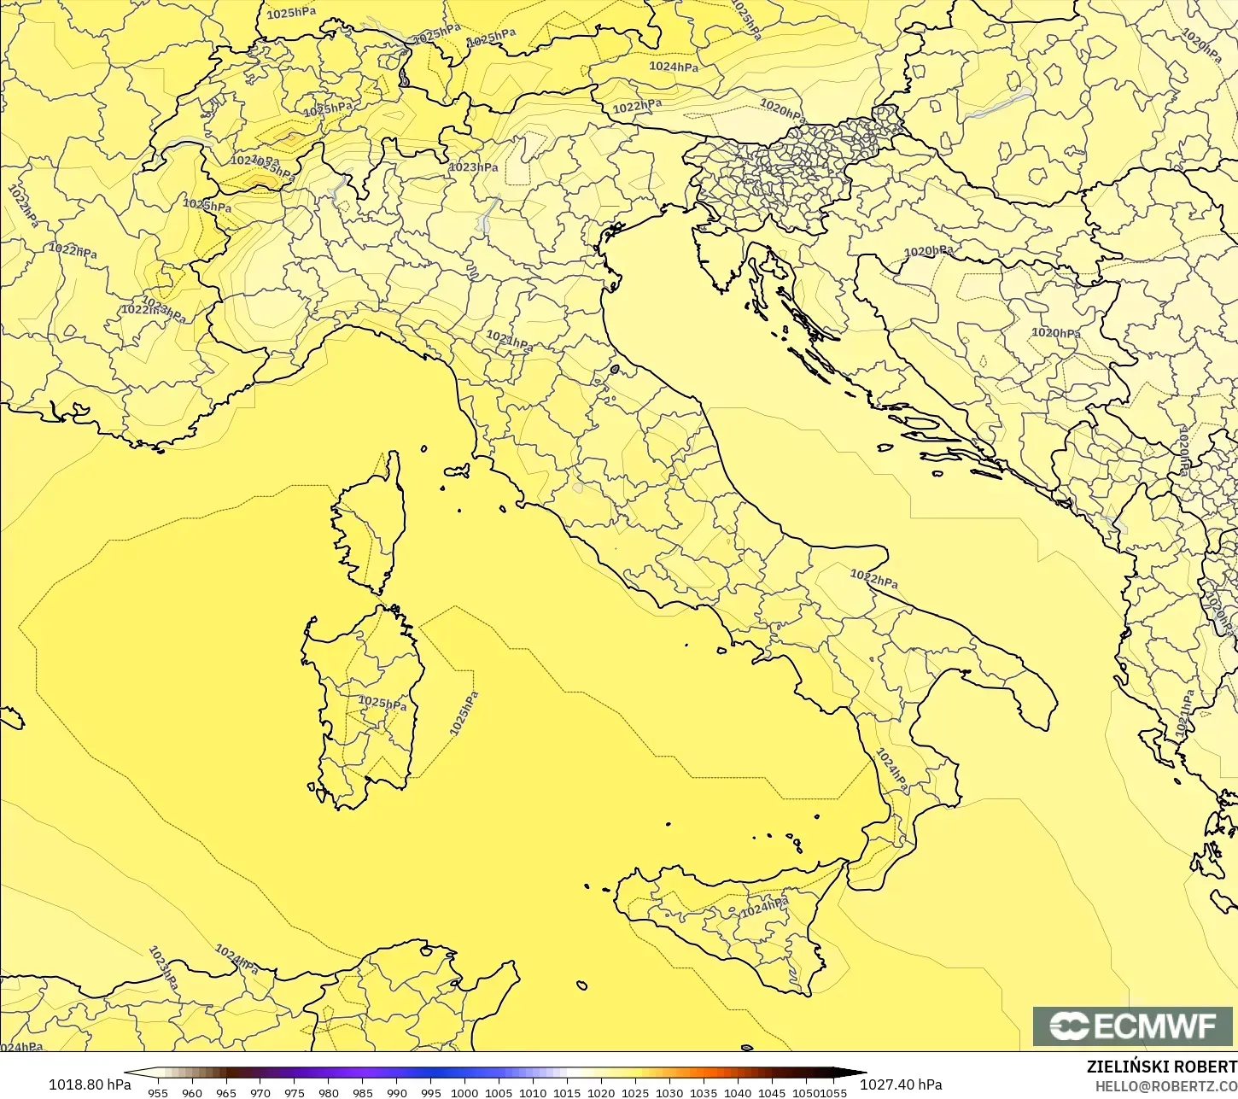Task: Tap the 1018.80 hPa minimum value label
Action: [90, 1084]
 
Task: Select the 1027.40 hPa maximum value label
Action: [901, 1084]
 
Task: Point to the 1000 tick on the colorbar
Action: [464, 1092]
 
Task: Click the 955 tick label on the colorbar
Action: [158, 1092]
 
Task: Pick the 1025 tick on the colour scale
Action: [635, 1092]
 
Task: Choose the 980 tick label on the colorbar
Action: [329, 1092]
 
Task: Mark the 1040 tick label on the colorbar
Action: [738, 1092]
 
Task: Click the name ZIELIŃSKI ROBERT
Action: [1161, 1067]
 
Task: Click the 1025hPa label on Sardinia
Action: [382, 703]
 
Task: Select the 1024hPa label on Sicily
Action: [764, 908]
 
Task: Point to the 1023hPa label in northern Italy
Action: [474, 167]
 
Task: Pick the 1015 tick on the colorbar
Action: [567, 1092]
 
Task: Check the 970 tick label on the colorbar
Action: [260, 1092]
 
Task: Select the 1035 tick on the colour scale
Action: [704, 1092]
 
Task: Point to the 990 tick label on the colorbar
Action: [396, 1092]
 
